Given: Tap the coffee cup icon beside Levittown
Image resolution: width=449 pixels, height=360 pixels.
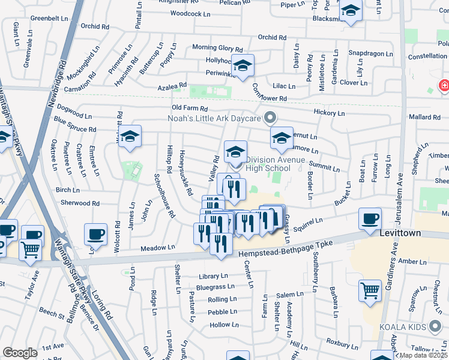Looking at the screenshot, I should (370, 218).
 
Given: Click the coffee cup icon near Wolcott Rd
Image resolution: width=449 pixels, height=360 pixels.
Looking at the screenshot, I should (95, 233).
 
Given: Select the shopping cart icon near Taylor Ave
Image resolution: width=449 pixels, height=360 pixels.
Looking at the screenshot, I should (30, 250).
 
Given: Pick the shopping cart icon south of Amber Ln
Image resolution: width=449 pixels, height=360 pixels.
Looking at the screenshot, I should (370, 291).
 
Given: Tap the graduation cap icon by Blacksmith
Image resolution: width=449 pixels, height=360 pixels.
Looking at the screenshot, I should (350, 11).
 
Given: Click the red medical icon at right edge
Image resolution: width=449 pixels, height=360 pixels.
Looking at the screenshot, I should (444, 86).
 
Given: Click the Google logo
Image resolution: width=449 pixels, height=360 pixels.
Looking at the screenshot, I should (20, 353).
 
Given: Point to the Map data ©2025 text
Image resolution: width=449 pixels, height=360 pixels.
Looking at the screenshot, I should (423, 355).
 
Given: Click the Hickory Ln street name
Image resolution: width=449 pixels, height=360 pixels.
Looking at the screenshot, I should (329, 113).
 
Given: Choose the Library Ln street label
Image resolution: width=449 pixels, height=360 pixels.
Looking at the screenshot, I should (213, 276).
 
